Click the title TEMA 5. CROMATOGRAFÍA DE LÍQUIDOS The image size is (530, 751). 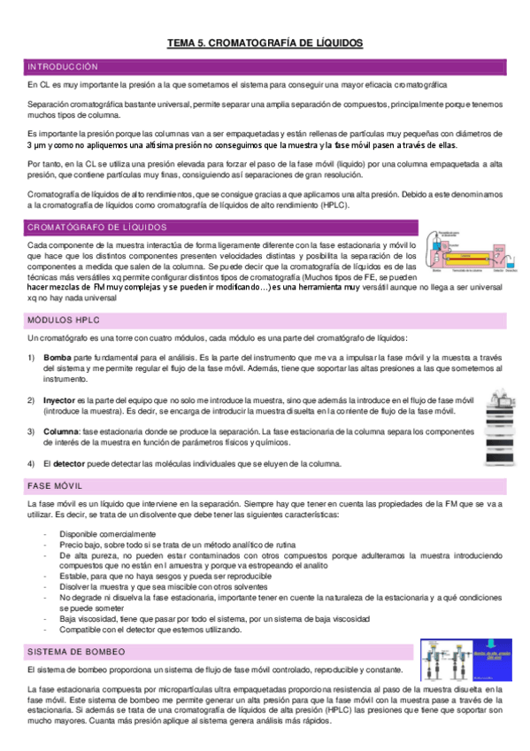click(265, 43)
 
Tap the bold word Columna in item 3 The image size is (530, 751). click(60, 431)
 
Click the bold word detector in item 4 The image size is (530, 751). click(70, 463)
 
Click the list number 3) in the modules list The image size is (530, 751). click(32, 431)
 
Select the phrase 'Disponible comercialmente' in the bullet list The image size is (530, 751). click(108, 534)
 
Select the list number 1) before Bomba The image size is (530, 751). click(32, 357)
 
